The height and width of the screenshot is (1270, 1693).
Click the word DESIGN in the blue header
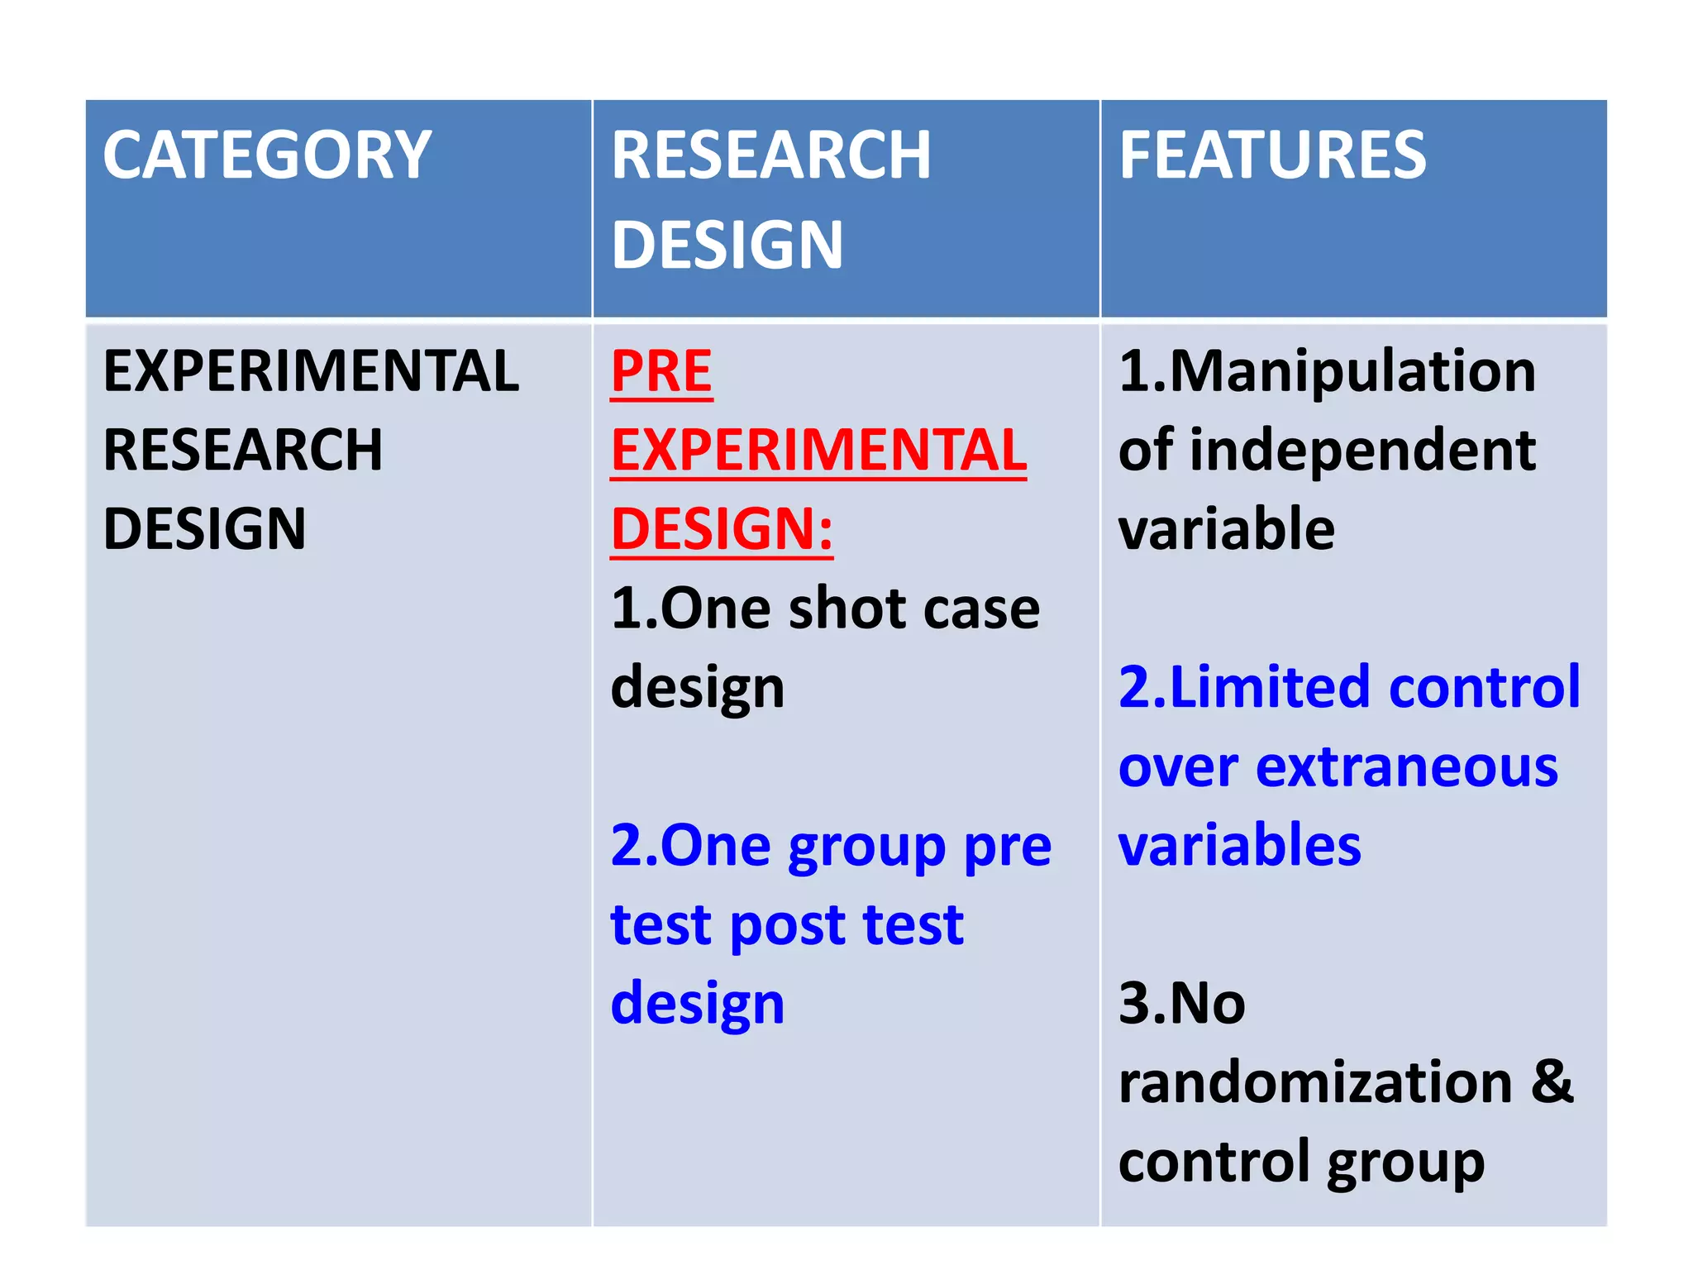click(727, 246)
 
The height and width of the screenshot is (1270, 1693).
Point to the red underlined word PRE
click(661, 371)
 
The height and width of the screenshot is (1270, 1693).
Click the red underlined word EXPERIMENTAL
click(818, 451)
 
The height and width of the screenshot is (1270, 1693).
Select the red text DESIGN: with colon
click(722, 529)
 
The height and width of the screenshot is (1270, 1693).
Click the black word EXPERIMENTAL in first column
click(311, 371)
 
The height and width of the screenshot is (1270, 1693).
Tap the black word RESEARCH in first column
click(243, 451)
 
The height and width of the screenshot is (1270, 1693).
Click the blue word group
click(866, 848)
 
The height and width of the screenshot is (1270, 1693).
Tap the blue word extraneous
click(1407, 767)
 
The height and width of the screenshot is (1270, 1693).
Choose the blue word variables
click(1239, 845)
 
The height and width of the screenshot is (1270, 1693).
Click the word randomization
click(1315, 1082)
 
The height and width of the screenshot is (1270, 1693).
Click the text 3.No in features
click(1181, 1004)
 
